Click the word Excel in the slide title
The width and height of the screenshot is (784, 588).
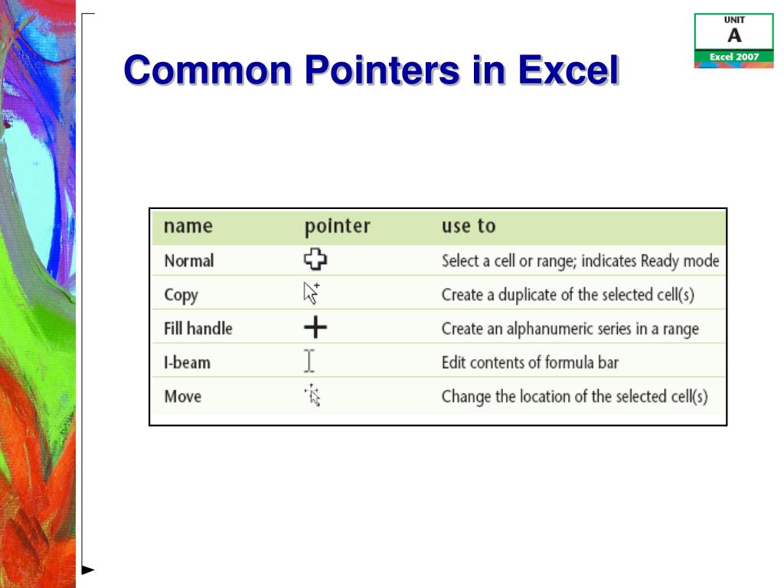tap(567, 71)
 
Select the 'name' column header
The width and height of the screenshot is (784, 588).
tap(188, 227)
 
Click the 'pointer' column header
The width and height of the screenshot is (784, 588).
tap(337, 227)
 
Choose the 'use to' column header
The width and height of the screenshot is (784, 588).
tap(469, 227)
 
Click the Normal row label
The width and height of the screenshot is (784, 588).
tap(189, 261)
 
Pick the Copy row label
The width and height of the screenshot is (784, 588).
tap(181, 295)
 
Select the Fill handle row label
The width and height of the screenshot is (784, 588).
tap(198, 328)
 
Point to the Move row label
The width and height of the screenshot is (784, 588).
tap(183, 397)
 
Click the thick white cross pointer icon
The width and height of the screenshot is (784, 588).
tap(315, 260)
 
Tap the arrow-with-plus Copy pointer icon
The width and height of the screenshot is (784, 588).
tap(312, 293)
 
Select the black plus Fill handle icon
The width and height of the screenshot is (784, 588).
tap(315, 328)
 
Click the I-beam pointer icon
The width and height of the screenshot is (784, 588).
tap(309, 361)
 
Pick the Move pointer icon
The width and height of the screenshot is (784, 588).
tap(312, 395)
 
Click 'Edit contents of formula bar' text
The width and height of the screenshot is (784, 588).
tap(530, 362)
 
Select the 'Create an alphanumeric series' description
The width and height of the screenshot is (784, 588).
tap(570, 328)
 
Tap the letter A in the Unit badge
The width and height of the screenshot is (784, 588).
tap(734, 35)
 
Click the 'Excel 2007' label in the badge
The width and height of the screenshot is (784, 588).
tap(734, 57)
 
